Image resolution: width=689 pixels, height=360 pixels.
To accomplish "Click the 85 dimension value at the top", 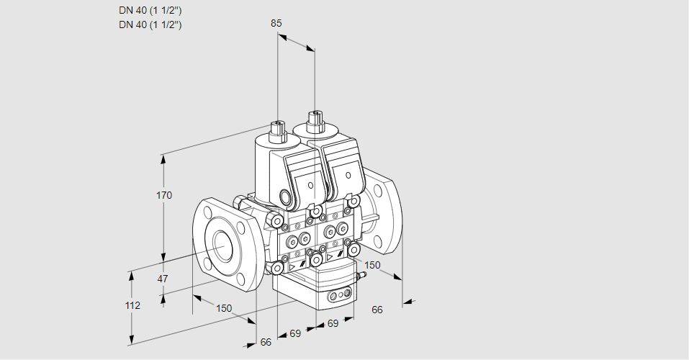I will point(276,23).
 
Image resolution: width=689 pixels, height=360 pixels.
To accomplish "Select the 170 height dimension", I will point(164,195).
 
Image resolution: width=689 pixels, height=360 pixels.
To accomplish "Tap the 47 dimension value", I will point(163,279).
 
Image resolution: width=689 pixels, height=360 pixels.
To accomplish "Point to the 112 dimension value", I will point(132,305).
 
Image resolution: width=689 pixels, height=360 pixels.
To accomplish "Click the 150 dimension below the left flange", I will point(224,308).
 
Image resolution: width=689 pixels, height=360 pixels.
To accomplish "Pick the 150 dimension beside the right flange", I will point(371,265).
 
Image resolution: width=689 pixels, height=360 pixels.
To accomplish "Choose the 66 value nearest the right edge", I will point(377,310).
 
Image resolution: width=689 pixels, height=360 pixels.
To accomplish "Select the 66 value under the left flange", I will point(266,342).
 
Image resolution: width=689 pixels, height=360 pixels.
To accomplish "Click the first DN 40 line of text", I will point(150,11).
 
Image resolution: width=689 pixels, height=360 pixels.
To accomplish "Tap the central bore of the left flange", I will point(220,247).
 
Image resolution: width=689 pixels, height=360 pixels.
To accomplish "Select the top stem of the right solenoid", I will point(315,118).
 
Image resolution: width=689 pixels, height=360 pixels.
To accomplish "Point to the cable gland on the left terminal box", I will point(285,198).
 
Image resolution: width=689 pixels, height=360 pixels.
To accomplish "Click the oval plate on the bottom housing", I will point(339,295).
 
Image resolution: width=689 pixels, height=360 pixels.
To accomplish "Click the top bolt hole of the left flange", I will point(209,212).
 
